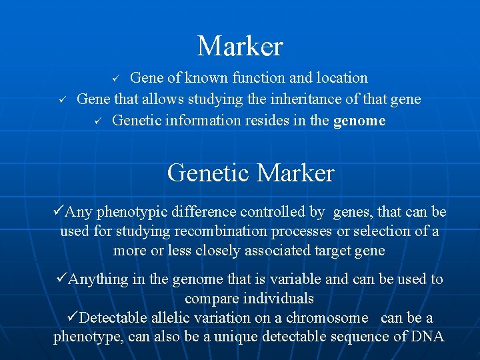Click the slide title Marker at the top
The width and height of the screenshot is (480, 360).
240,47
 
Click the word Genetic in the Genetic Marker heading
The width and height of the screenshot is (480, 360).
209,173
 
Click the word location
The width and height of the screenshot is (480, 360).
339,78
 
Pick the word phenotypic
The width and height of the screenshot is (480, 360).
131,212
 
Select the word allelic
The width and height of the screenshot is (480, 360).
176,317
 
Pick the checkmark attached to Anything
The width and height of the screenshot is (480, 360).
61,279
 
